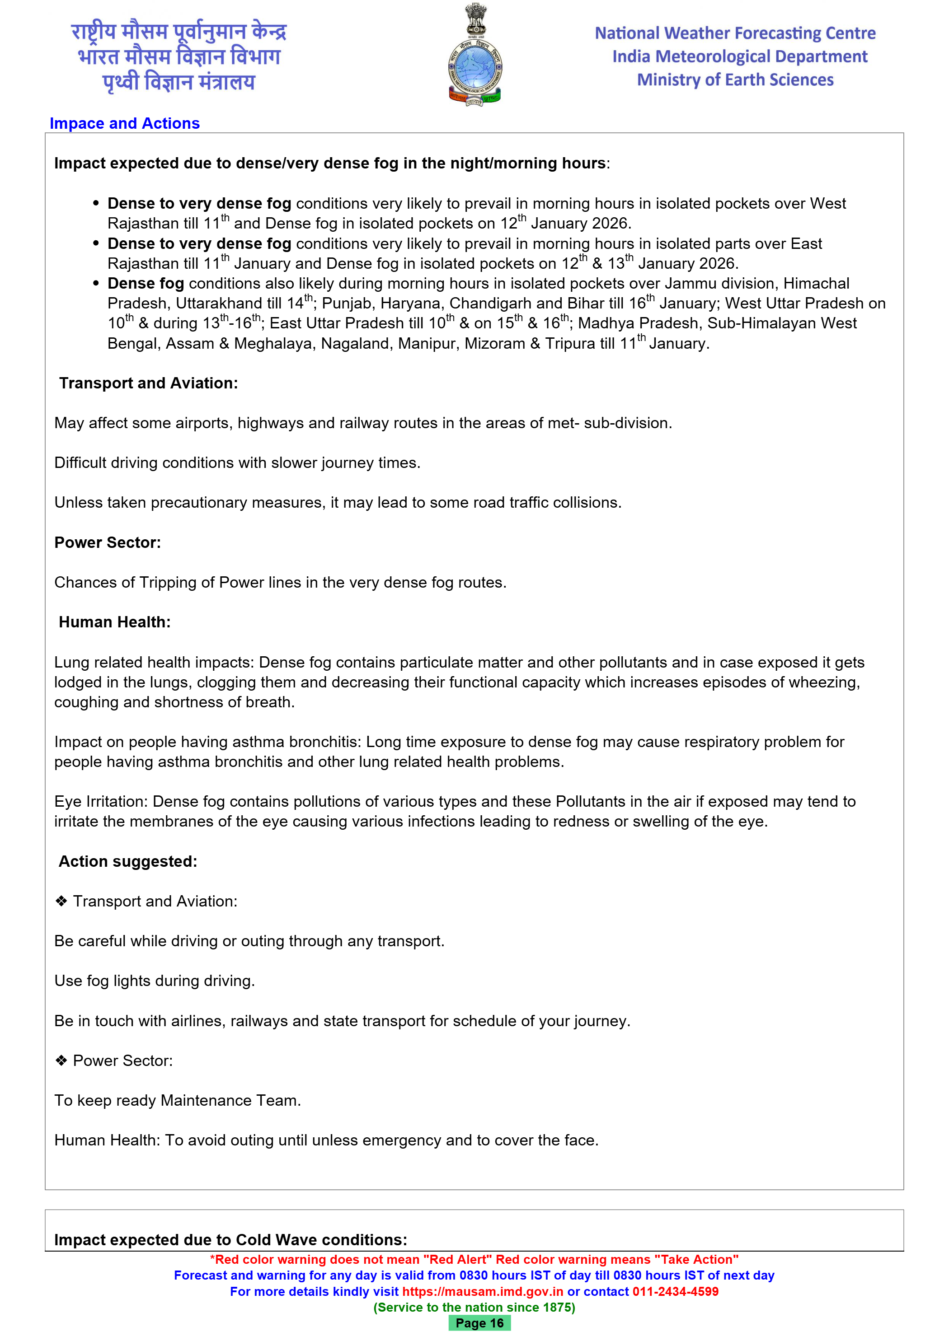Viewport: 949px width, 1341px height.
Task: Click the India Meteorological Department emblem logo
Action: point(474,56)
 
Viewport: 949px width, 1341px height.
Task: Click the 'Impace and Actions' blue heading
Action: point(124,123)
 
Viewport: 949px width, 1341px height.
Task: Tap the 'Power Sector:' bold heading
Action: point(108,542)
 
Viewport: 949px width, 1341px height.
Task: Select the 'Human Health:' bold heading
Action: point(114,622)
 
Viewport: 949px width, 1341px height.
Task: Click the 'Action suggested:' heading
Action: point(128,861)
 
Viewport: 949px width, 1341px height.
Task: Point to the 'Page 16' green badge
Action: point(479,1323)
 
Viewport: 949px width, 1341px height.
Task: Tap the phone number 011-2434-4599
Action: point(675,1291)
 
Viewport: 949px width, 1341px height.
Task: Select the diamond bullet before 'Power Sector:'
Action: point(61,1061)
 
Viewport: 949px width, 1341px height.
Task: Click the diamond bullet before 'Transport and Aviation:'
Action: point(61,901)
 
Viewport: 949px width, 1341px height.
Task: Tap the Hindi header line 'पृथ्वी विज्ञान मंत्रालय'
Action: point(179,82)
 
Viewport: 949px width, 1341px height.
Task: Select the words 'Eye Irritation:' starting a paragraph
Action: point(101,801)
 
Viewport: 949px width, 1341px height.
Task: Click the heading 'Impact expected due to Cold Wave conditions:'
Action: point(230,1239)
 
